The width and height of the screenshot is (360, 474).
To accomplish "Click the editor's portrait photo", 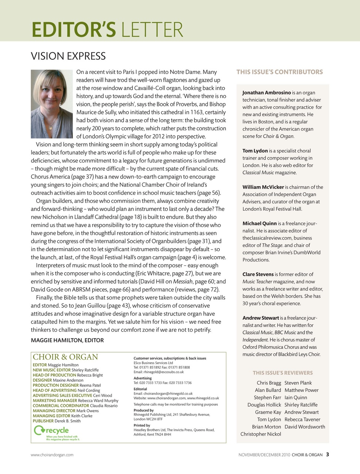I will [x=52, y=104].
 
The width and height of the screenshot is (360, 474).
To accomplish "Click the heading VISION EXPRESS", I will [x=68, y=56].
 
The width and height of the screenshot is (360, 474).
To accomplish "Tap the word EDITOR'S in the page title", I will [x=74, y=30].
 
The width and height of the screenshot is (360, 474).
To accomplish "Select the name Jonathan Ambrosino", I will [x=266, y=93].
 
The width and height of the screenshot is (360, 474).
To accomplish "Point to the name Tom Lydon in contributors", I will [x=255, y=151].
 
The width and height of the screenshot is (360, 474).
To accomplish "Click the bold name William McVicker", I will [x=263, y=187].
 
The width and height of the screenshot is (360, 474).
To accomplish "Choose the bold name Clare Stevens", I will [x=258, y=274].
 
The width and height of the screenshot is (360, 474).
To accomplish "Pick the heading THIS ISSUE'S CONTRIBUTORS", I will [x=279, y=72].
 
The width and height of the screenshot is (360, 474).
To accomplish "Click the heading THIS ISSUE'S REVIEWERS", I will [x=283, y=373].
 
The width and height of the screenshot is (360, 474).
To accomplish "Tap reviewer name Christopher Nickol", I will [x=260, y=434].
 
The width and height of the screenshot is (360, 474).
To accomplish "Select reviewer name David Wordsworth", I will [x=305, y=427].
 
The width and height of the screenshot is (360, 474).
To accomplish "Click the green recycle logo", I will [x=51, y=430].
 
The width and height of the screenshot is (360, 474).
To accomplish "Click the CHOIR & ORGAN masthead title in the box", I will [x=65, y=357].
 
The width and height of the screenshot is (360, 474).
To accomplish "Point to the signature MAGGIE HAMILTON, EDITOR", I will [x=67, y=340].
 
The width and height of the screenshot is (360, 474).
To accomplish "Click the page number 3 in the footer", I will [x=327, y=454].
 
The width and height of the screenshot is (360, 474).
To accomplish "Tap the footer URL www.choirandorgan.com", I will [x=52, y=455].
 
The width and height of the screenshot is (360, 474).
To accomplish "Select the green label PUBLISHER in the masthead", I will [x=43, y=421].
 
